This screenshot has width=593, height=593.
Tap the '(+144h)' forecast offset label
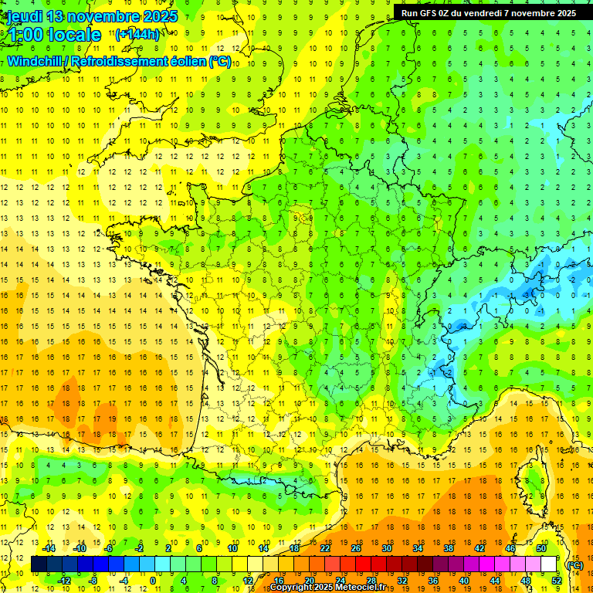tap(137, 34)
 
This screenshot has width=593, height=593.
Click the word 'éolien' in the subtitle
tap(185, 61)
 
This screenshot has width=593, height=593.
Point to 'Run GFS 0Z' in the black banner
tap(427, 12)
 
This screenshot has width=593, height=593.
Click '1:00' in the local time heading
tap(26, 35)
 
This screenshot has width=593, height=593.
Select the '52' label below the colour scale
tap(557, 581)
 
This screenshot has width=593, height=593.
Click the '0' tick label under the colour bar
tap(153, 581)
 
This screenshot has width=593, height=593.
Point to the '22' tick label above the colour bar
tap(325, 548)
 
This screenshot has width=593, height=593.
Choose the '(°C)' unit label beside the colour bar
tap(574, 564)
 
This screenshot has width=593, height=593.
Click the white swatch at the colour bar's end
tap(549, 564)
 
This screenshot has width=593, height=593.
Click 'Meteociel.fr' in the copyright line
tap(360, 588)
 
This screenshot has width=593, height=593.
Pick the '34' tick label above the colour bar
tap(418, 548)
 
